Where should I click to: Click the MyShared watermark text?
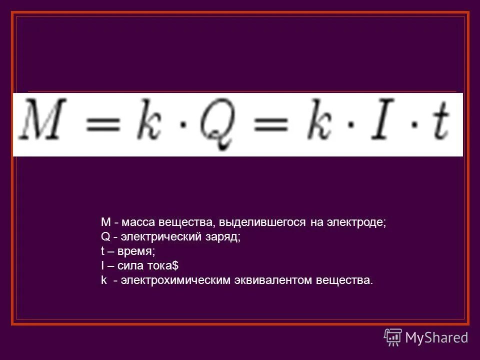pyautogui.click(x=436, y=337)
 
